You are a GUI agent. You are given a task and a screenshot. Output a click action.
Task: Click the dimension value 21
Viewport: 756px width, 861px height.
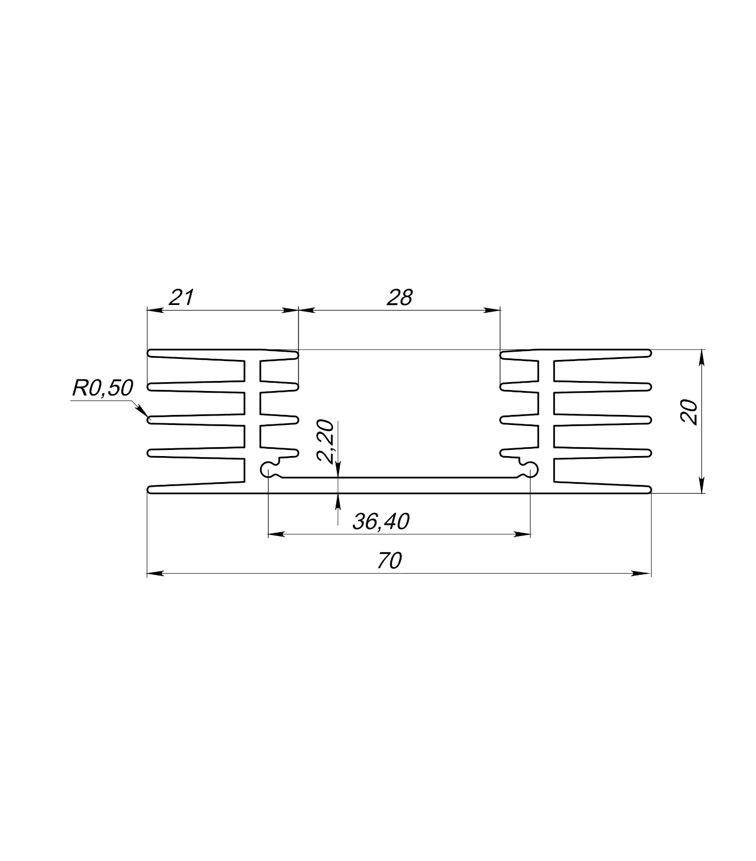pyautogui.click(x=182, y=298)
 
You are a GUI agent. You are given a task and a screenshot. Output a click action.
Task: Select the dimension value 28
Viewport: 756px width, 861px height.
pyautogui.click(x=400, y=298)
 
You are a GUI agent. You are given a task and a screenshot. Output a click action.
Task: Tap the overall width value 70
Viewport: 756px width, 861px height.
pyautogui.click(x=389, y=561)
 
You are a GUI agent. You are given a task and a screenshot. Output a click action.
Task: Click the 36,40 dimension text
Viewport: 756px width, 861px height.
pyautogui.click(x=381, y=522)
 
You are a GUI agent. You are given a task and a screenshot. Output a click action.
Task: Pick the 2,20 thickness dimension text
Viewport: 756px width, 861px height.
pyautogui.click(x=326, y=440)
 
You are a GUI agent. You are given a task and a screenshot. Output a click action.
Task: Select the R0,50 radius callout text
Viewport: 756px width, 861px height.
pyautogui.click(x=102, y=388)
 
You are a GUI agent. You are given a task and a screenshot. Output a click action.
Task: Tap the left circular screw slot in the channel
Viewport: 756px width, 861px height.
pyautogui.click(x=268, y=470)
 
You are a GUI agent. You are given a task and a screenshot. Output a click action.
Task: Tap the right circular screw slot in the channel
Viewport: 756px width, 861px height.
pyautogui.click(x=530, y=470)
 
